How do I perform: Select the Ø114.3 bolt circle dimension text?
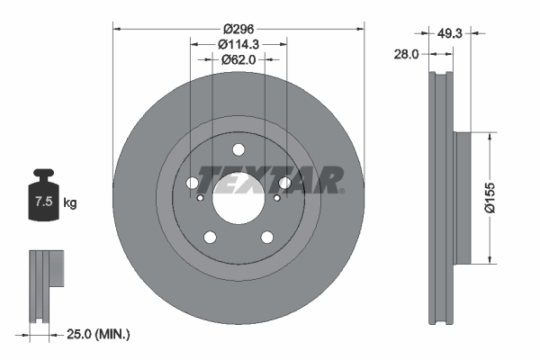(239, 42)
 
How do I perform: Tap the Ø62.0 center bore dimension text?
(239, 59)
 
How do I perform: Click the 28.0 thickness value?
(407, 54)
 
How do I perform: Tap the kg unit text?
(70, 203)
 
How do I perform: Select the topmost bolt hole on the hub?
(238, 151)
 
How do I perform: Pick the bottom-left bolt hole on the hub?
(211, 238)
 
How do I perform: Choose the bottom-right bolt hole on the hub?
(267, 238)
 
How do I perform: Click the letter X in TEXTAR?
(256, 180)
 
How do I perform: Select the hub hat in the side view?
(462, 198)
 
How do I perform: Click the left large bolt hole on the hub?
(193, 184)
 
